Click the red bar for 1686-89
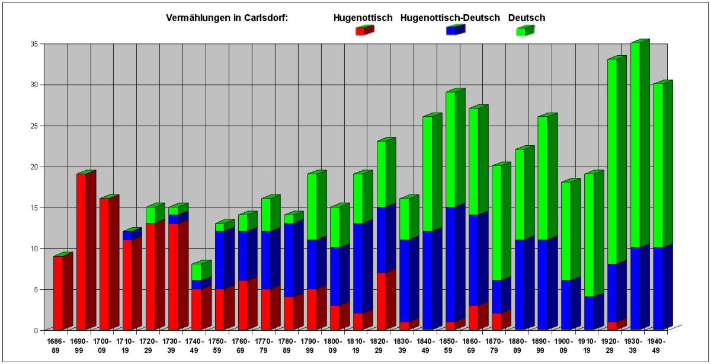(58, 292)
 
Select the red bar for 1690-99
(81, 251)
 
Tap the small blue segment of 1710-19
(127, 235)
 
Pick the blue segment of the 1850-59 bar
(450, 264)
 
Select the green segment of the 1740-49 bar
(196, 272)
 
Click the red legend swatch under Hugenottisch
(360, 31)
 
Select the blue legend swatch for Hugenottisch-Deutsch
(451, 31)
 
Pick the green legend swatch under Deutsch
(521, 31)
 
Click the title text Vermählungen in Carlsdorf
(227, 18)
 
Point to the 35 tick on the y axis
(33, 44)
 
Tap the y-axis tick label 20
(33, 167)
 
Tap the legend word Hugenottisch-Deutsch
(450, 18)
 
